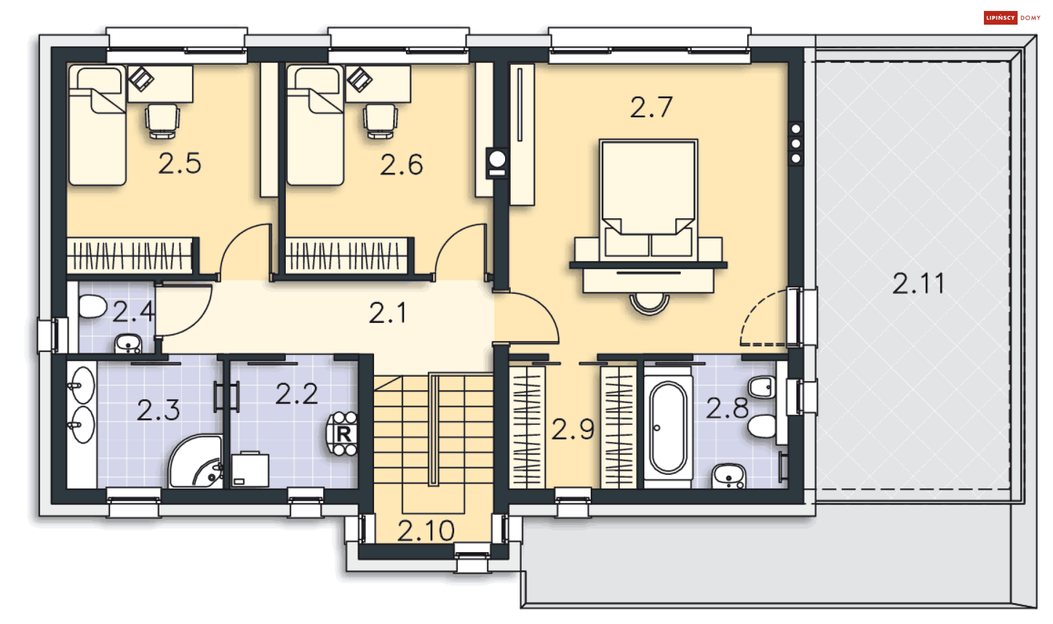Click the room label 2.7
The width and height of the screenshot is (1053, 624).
point(651,107)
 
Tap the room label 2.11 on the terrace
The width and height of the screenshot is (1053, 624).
point(919,283)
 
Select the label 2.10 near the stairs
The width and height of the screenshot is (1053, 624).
point(426,531)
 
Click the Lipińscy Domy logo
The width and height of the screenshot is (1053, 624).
point(1012,18)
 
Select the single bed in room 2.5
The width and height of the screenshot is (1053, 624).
point(97,126)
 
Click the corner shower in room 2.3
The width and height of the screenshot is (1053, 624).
point(196,462)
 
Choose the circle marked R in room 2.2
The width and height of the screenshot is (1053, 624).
point(343,434)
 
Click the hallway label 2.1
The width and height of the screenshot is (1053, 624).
point(388,314)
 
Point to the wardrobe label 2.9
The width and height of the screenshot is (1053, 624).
point(573,429)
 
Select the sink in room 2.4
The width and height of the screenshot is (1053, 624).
point(128,344)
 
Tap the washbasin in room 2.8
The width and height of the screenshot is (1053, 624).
point(728,476)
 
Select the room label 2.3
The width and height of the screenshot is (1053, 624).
point(158,410)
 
